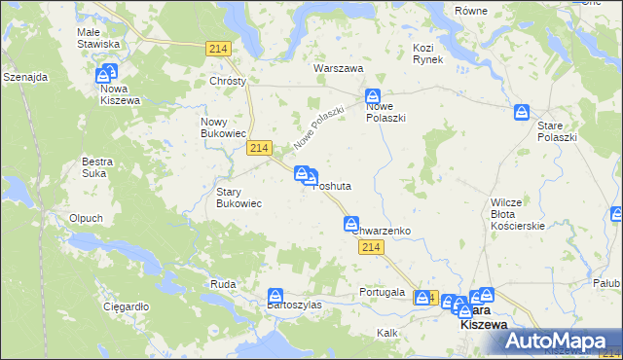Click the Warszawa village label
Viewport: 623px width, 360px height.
338,69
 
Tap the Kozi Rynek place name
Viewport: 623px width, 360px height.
427,54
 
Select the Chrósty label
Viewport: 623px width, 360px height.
228,81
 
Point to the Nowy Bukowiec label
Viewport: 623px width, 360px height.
219,127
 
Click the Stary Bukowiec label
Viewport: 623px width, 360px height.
238,198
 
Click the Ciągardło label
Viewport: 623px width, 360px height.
126,306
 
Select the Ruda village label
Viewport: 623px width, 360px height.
222,284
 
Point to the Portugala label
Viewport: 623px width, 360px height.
381,292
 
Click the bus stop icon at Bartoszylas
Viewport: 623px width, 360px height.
276,294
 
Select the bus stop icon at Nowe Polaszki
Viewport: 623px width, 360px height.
373,96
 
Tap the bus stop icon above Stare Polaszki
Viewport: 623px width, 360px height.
523,112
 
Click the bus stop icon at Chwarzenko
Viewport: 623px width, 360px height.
351,224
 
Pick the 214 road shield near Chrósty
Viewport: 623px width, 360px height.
219,49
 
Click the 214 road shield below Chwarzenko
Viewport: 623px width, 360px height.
368,248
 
